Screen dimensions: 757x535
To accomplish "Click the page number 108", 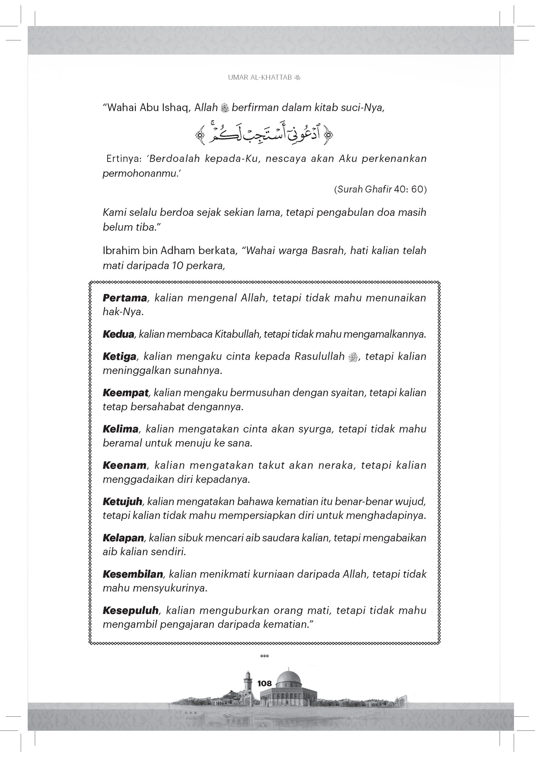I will tap(264, 683).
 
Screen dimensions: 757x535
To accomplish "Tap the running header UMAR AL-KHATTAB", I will tap(260, 78).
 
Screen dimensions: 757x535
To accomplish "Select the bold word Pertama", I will tap(125, 298).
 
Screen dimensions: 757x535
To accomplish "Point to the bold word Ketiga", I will tap(119, 356).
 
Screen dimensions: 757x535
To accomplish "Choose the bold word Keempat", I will tap(126, 393).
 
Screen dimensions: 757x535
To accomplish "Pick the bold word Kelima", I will tap(120, 429).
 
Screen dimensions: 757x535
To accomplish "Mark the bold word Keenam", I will tap(124, 465).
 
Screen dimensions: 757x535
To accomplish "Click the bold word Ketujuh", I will tap(122, 501).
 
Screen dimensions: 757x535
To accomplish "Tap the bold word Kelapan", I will tap(123, 538).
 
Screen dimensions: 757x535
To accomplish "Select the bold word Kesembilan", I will tap(133, 574).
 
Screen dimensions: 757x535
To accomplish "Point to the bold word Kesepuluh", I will tap(131, 610).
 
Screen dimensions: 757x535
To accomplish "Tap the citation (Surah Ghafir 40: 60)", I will tap(380, 189).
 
